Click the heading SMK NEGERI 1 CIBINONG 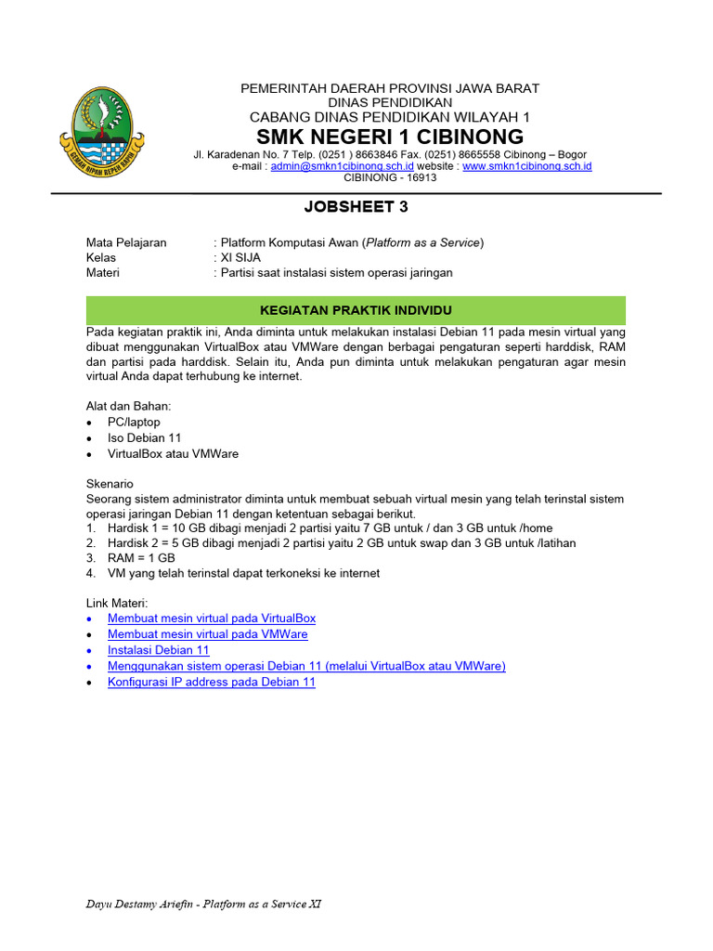coord(390,137)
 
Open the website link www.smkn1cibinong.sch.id coord(526,166)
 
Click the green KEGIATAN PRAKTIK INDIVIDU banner coord(356,310)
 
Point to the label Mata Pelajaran coord(126,242)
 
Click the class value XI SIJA coord(240,257)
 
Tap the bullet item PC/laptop coord(134,422)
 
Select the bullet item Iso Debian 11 coord(144,437)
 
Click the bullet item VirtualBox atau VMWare coord(173,453)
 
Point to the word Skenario coord(110,484)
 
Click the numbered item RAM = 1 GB coord(141,557)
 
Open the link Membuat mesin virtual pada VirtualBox coord(212,618)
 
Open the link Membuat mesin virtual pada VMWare coord(207,633)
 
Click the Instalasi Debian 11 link coord(159,649)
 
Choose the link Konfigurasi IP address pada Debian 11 coord(212,681)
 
